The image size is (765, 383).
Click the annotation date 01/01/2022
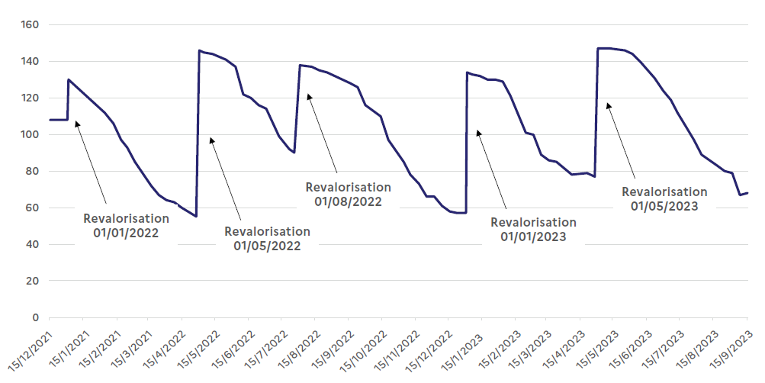tap(126, 233)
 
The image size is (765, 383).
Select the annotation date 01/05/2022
tap(267, 246)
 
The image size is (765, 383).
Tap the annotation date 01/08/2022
tap(348, 201)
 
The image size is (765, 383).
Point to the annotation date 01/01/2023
tap(533, 237)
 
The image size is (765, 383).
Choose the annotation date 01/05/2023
tap(664, 205)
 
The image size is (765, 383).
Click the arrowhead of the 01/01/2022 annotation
tap(76, 123)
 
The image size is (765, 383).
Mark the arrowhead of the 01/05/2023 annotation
tap(607, 105)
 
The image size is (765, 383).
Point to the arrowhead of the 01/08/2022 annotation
tap(309, 95)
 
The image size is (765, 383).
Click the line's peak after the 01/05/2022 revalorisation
tap(199, 51)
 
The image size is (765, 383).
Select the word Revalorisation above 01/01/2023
tap(533, 222)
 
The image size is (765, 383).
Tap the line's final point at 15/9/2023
tap(747, 193)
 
